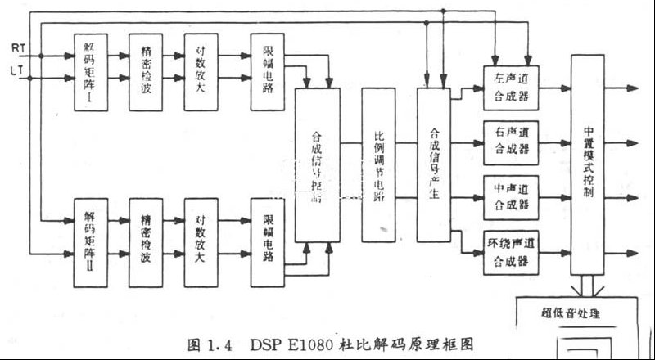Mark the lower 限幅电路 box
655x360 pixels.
[x=268, y=241]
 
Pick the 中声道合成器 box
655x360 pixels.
[x=512, y=197]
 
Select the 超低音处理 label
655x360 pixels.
[x=571, y=313]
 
